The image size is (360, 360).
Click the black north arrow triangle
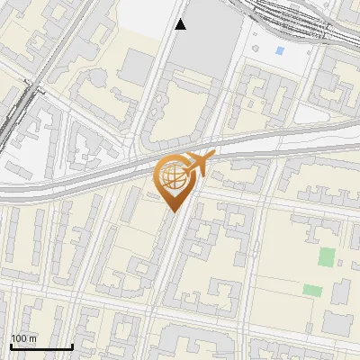point(181,24)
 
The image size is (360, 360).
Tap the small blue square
point(279,51)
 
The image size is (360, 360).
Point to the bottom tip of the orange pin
point(171,211)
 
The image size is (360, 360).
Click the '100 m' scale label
point(24,338)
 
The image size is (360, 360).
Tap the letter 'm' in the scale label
point(33,338)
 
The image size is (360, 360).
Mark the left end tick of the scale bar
point(10,346)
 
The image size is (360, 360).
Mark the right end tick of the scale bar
point(72,346)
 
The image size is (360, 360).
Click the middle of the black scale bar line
point(41,347)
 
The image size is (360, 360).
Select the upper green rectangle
point(326,256)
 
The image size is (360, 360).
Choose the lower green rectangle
point(312,290)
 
